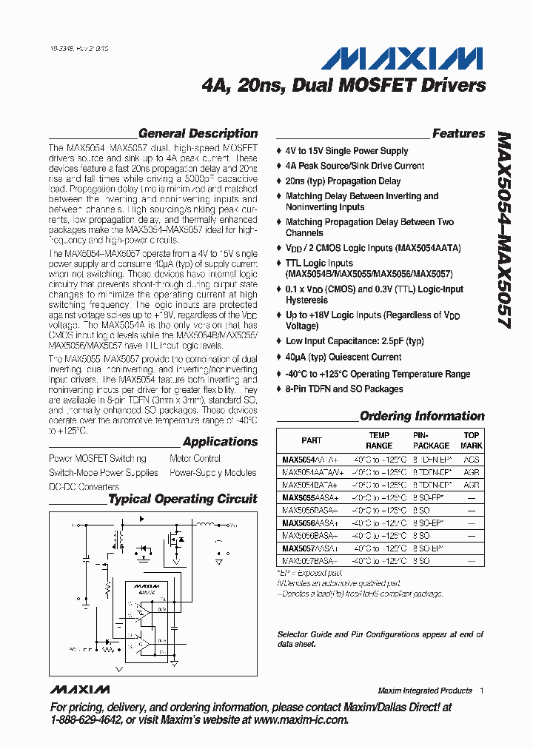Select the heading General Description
[x=198, y=134]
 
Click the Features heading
[x=458, y=134]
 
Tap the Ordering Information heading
[x=422, y=416]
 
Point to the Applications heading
[x=220, y=442]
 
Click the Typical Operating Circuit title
[x=183, y=499]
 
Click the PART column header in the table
[x=312, y=440]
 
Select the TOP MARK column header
[x=472, y=440]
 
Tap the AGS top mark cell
[x=472, y=459]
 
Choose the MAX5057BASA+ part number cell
[x=310, y=560]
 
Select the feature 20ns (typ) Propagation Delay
[x=343, y=181]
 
